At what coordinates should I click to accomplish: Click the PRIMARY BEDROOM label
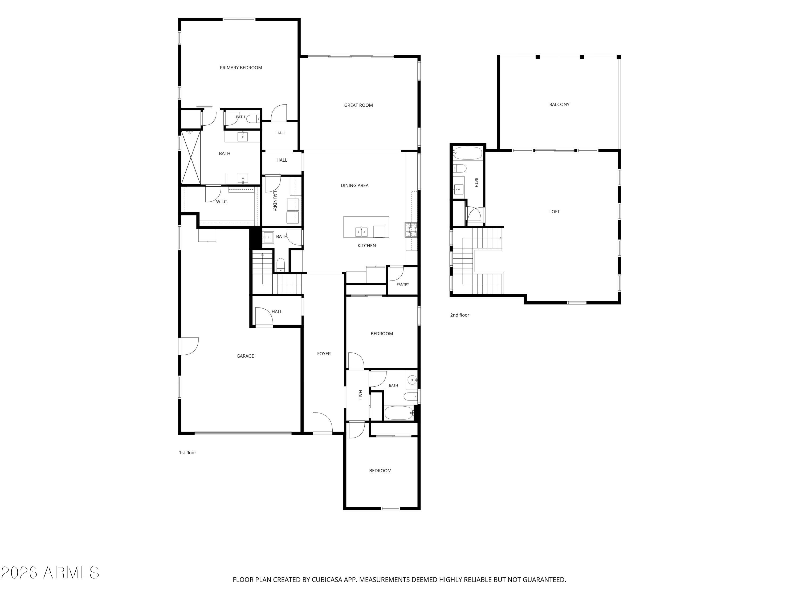click(x=241, y=68)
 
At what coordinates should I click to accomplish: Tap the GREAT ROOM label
click(x=358, y=105)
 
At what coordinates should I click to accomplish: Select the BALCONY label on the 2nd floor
click(x=559, y=105)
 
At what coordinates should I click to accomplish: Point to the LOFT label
click(x=555, y=211)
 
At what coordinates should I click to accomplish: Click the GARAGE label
click(x=245, y=356)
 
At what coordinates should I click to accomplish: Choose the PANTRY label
click(x=403, y=285)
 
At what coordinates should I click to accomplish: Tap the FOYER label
click(x=324, y=354)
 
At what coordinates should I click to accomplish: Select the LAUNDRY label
click(x=275, y=201)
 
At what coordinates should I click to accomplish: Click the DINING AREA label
click(x=355, y=186)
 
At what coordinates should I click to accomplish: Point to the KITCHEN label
click(x=367, y=246)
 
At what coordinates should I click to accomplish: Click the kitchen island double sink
click(x=362, y=231)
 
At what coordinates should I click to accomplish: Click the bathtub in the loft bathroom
click(x=468, y=153)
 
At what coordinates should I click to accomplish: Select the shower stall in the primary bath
click(x=191, y=158)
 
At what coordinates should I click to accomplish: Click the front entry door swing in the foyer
click(x=323, y=422)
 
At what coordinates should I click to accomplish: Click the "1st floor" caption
click(x=187, y=453)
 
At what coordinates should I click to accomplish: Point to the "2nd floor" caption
click(x=459, y=315)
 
